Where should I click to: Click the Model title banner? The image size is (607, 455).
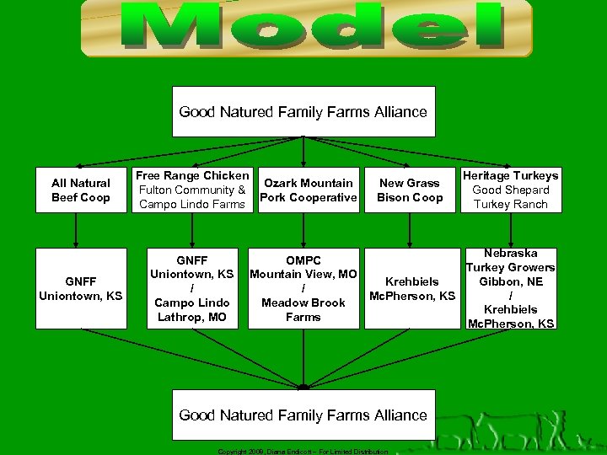click(307, 28)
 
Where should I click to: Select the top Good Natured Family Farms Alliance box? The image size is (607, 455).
click(303, 111)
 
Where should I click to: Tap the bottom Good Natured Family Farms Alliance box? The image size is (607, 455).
click(303, 415)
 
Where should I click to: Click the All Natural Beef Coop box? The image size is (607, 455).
click(81, 190)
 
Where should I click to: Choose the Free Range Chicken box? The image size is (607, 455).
click(192, 190)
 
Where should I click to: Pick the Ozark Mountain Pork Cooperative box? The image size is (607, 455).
click(309, 190)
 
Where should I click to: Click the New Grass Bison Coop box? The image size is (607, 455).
click(410, 190)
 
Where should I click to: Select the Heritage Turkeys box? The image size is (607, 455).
click(510, 190)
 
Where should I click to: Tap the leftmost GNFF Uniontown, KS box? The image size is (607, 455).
click(81, 288)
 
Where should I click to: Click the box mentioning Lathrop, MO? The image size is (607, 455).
click(191, 288)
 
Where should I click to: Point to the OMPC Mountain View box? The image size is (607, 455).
click(303, 288)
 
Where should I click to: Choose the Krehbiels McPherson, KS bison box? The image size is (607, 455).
click(412, 288)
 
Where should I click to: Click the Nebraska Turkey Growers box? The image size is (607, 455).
click(511, 288)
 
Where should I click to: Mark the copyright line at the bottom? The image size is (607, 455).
click(303, 452)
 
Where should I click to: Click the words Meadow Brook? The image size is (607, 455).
click(303, 302)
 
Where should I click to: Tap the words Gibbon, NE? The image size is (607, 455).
click(511, 281)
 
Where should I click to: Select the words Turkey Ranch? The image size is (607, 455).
click(511, 204)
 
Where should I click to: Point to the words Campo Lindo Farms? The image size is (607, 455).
click(192, 204)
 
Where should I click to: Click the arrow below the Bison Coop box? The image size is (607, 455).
click(410, 229)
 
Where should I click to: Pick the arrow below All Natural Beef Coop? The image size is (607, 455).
click(78, 229)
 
